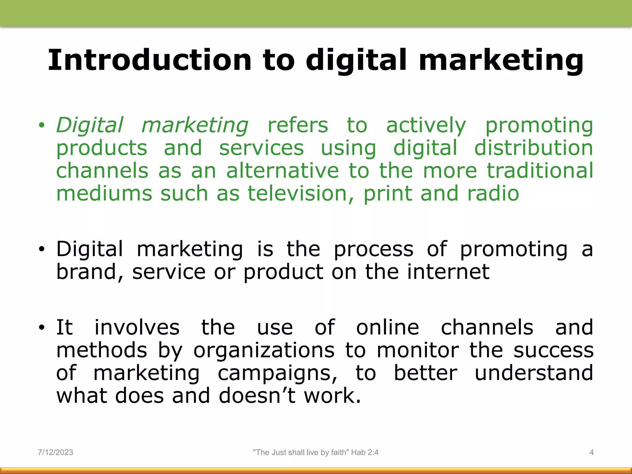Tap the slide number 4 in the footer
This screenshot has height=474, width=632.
591,452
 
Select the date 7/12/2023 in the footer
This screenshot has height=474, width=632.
56,452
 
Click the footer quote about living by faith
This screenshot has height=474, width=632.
316,452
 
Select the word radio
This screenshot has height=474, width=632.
493,193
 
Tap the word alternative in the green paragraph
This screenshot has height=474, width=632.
282,171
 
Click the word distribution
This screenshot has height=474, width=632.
534,148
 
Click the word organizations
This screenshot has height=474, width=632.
264,350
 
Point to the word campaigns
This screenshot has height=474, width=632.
277,373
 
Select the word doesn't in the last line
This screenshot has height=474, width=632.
257,396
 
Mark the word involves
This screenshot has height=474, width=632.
137,327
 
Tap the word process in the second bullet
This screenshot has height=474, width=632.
373,249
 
